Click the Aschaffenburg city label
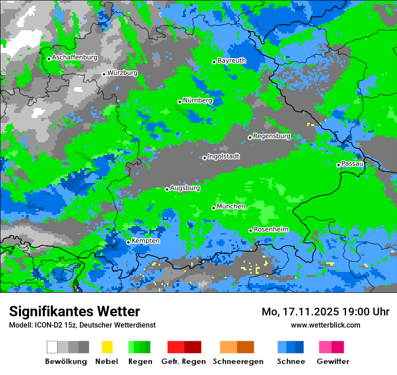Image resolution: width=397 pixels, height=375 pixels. [x=74, y=58]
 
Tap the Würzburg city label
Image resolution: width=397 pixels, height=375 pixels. [x=122, y=73]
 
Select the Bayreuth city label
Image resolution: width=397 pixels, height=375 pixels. [x=231, y=61]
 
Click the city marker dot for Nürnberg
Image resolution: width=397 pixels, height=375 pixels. [x=180, y=102]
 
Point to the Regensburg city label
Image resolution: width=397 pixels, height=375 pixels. [x=272, y=136]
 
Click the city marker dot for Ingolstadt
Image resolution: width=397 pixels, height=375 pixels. [x=204, y=158]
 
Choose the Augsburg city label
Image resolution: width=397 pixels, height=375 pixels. [x=185, y=188]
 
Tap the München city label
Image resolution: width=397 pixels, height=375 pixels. [x=231, y=206]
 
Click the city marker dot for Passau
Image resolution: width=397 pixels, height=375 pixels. [x=338, y=165]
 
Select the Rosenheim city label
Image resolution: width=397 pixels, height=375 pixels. [x=271, y=230]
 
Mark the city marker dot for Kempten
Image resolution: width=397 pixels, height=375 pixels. [x=128, y=242]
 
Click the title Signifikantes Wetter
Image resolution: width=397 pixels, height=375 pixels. [x=74, y=311]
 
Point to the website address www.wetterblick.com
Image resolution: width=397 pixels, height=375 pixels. [x=325, y=325]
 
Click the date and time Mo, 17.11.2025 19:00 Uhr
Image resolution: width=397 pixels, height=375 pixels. [x=325, y=312]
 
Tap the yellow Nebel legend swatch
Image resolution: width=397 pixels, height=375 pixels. [x=107, y=347]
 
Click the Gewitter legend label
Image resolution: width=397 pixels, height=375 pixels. [x=333, y=361]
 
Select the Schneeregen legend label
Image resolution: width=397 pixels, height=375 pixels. [x=238, y=361]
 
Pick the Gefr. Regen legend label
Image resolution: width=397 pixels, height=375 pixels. [x=184, y=361]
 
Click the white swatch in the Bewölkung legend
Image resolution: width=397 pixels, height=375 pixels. [x=52, y=347]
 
